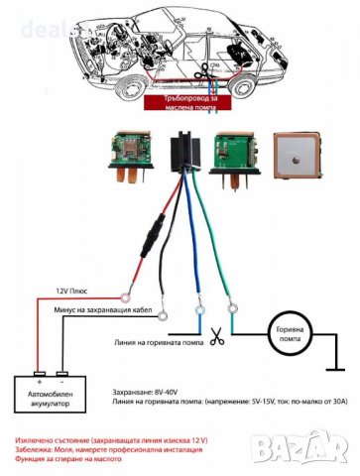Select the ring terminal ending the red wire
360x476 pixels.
click(x=126, y=294)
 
